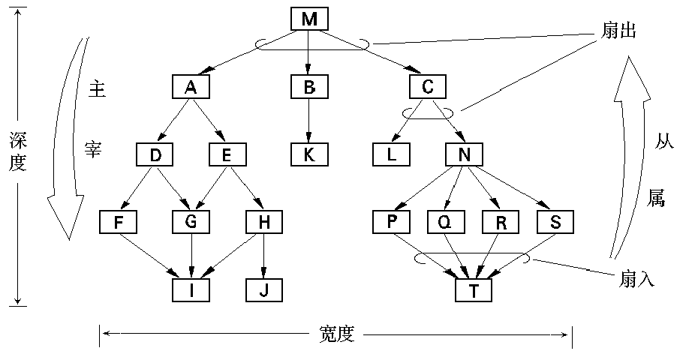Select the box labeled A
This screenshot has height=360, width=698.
190,87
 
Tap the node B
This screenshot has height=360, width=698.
309,87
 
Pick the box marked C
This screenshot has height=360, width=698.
428,87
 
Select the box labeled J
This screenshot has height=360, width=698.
264,289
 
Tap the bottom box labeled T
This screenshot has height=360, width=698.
473,289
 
